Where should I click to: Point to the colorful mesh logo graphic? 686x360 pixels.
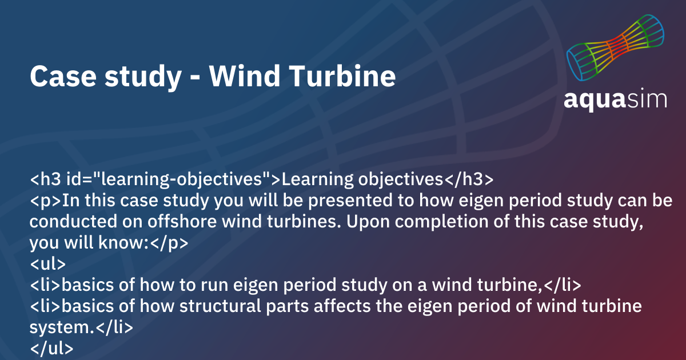click(615, 49)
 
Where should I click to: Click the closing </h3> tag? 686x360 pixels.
click(469, 180)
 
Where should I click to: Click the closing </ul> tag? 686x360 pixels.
click(51, 348)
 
